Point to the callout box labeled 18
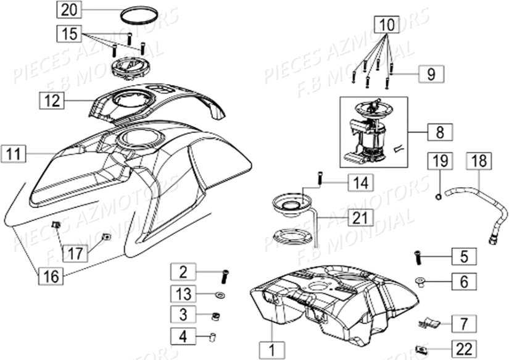point(479,162)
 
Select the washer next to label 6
point(420,282)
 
